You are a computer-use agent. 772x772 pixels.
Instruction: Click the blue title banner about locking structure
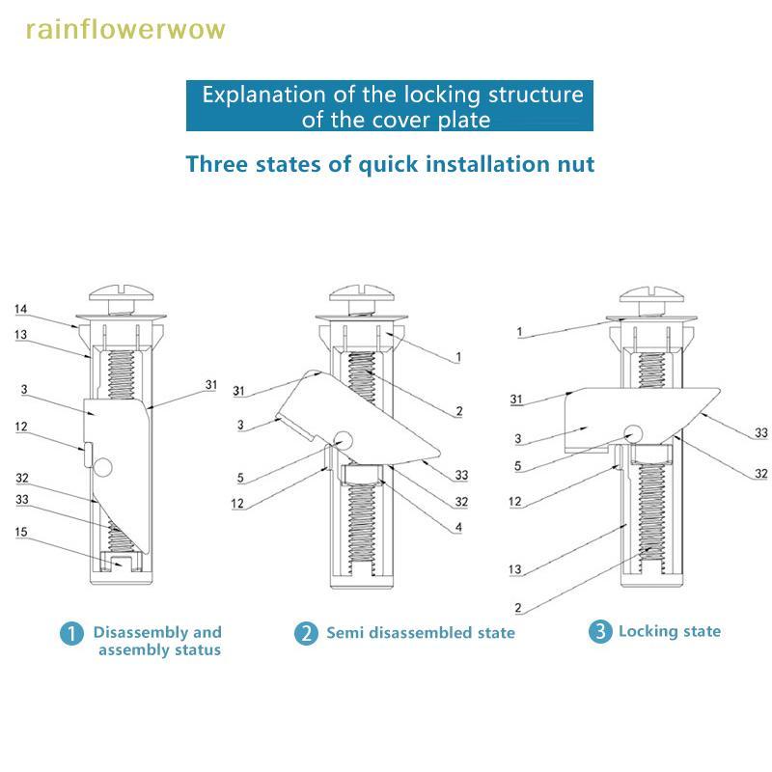point(389,107)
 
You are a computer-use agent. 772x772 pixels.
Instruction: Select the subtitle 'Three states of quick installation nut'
point(390,163)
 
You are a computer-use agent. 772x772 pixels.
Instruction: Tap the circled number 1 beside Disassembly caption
point(71,634)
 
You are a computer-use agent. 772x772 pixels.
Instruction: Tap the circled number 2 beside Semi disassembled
point(305,634)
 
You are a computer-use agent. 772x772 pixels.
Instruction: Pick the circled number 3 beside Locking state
point(600,632)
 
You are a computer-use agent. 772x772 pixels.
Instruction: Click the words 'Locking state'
point(669,631)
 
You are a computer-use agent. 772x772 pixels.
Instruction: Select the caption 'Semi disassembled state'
point(420,633)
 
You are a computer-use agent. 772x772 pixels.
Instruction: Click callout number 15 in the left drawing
point(21,531)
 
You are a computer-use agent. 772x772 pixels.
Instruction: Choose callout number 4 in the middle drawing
point(458,527)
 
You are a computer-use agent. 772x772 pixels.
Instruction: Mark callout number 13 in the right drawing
point(515,570)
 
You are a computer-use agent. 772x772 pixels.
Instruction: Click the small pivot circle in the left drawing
point(104,469)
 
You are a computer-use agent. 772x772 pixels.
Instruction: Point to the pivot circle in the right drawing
point(633,433)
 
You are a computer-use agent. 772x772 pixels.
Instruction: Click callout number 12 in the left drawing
point(21,426)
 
